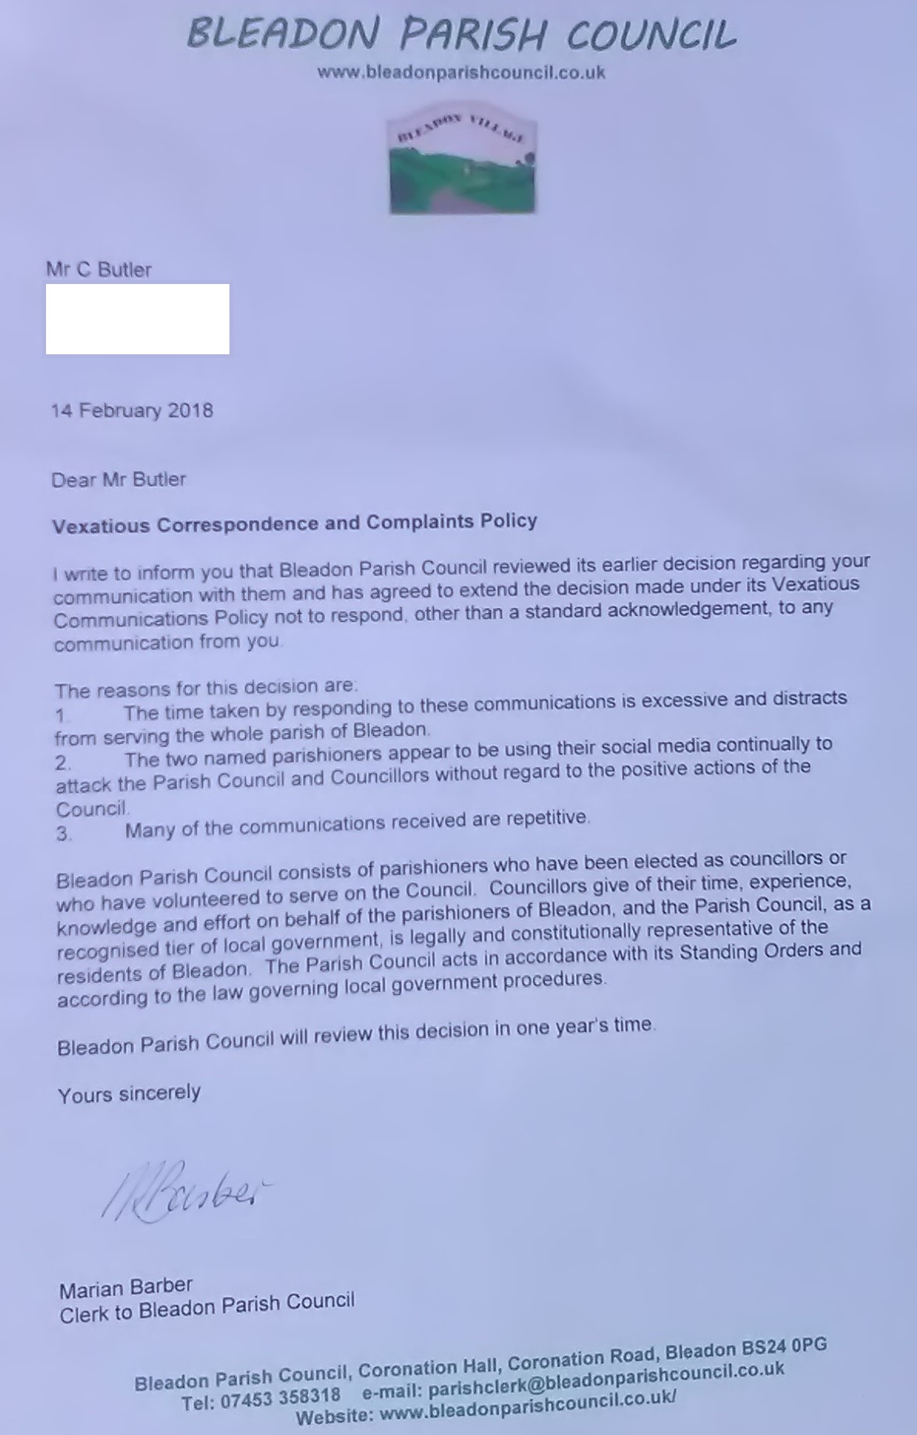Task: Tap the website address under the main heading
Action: tap(461, 73)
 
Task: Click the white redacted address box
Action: tap(137, 319)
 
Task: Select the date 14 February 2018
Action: tap(132, 410)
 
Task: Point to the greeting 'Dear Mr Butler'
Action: tap(119, 479)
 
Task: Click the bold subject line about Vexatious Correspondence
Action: tap(294, 523)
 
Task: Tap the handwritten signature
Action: tap(183, 1189)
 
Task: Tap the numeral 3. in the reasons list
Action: tap(64, 833)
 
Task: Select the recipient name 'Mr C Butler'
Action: tap(99, 270)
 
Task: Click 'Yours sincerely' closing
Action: tap(129, 1094)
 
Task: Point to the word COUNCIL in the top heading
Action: tap(651, 35)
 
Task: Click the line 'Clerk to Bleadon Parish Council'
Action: tap(207, 1308)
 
